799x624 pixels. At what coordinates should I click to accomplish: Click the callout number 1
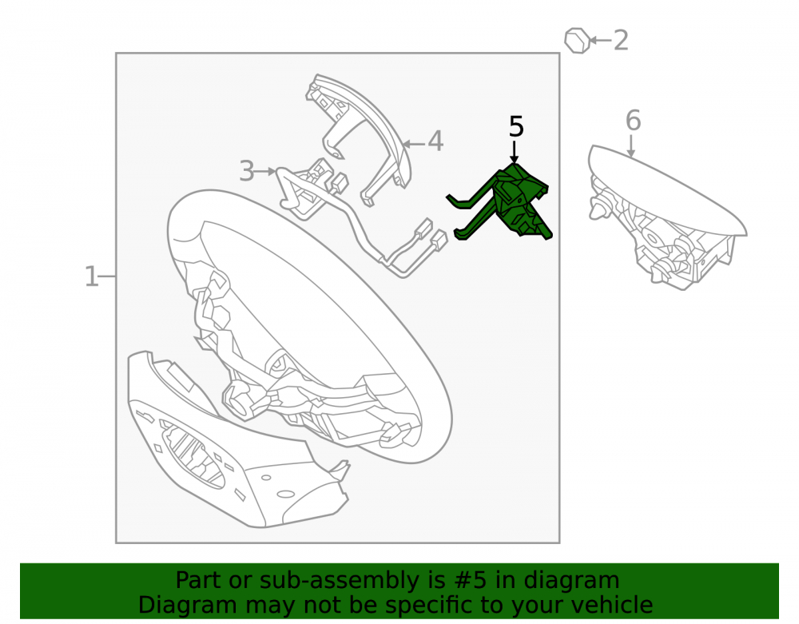pyautogui.click(x=91, y=276)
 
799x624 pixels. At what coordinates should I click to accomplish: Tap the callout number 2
pyautogui.click(x=621, y=40)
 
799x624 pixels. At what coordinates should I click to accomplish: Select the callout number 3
pyautogui.click(x=247, y=171)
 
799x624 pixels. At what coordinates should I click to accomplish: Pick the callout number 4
pyautogui.click(x=435, y=141)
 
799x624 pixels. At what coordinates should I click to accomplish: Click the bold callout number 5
pyautogui.click(x=516, y=126)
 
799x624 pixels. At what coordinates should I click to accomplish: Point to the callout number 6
pyautogui.click(x=633, y=120)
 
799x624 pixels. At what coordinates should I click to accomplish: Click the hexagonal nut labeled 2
pyautogui.click(x=578, y=40)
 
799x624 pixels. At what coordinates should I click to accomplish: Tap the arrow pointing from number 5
pyautogui.click(x=515, y=152)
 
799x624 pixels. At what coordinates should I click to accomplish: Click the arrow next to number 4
pyautogui.click(x=414, y=144)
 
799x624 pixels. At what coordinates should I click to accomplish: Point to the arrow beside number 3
pyautogui.click(x=265, y=172)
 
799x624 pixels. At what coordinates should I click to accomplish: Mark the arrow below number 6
pyautogui.click(x=631, y=146)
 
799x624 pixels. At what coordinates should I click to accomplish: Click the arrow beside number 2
pyautogui.click(x=600, y=40)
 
